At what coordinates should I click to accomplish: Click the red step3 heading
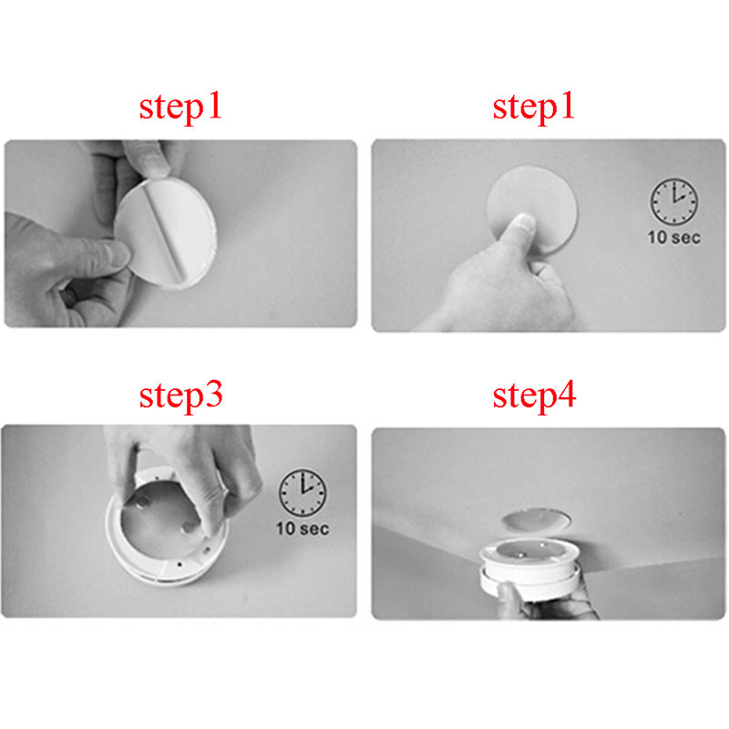[180, 396]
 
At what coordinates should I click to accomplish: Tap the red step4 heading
[534, 396]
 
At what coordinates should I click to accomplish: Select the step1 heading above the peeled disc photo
[180, 108]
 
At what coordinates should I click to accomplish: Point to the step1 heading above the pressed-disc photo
[534, 108]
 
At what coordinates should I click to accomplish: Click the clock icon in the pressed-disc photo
[673, 201]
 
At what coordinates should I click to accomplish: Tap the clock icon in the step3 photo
[303, 492]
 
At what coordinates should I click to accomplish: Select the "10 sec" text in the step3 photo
[303, 529]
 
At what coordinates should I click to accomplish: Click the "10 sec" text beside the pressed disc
[674, 238]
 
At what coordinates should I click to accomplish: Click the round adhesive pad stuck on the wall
[533, 204]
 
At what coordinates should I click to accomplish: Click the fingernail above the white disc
[155, 161]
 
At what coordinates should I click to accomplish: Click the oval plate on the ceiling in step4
[537, 519]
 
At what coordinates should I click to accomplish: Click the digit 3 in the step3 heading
[213, 395]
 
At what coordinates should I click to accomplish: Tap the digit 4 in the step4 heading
[566, 395]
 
